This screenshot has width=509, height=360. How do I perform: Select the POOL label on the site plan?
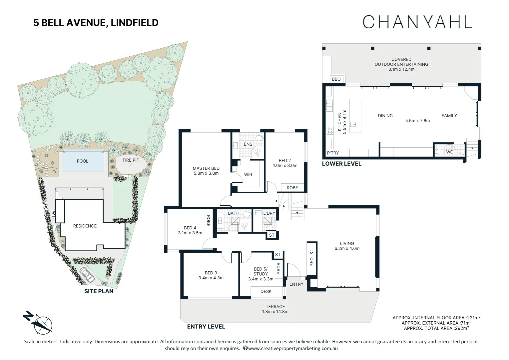83,161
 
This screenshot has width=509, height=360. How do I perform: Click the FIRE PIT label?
131,160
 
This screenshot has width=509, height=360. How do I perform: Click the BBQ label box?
336,79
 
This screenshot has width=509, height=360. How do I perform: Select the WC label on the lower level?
450,152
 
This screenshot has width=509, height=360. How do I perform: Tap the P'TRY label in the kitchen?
333,153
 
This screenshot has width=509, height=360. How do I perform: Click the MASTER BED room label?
206,168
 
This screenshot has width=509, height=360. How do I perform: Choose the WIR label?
248,175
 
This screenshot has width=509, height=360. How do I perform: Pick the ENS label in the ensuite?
248,144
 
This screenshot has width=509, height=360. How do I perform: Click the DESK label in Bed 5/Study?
266,291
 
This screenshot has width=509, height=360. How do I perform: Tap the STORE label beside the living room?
311,259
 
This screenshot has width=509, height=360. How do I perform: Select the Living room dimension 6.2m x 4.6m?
347,248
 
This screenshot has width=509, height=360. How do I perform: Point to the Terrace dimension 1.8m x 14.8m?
275,312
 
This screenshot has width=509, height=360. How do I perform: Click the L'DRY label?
269,213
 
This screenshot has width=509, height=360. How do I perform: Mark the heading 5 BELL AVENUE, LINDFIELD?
96,23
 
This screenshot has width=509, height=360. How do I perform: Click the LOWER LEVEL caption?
341,164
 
